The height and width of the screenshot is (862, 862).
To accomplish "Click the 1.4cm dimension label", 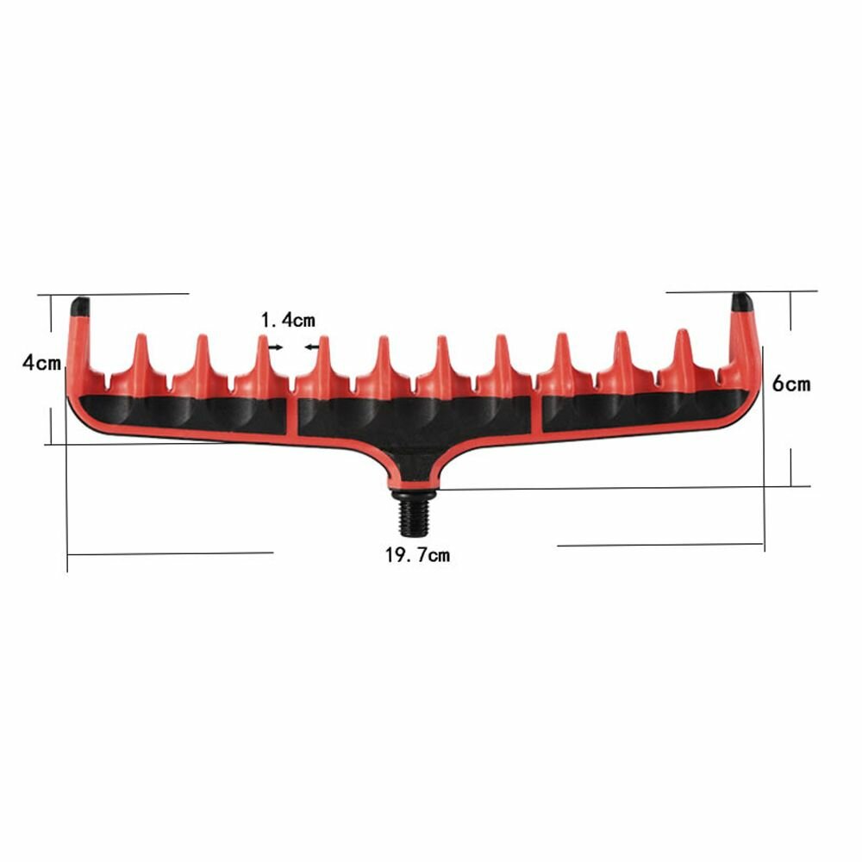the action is tap(288, 320).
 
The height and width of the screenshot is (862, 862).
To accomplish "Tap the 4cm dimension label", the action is tap(41, 363).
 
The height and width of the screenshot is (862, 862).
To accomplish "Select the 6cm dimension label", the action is tap(791, 384).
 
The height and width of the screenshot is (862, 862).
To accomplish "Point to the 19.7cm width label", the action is tap(417, 555).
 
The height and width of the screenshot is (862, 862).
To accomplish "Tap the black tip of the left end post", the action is tap(80, 306).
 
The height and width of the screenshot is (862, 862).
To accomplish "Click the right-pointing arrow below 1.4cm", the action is tap(275, 347).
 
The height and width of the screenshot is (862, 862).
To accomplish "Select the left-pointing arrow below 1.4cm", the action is tap(312, 347).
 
